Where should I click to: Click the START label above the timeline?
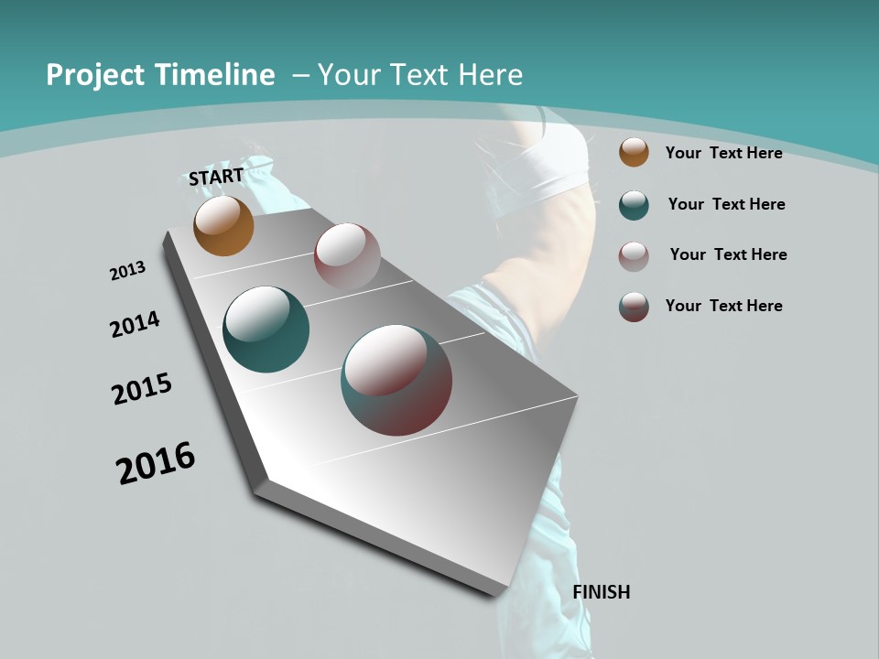[216, 177]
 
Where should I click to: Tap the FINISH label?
[602, 592]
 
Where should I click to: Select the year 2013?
[127, 271]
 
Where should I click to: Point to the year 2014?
[135, 325]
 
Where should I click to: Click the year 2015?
[142, 389]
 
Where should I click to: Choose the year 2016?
[156, 463]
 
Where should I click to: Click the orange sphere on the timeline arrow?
[223, 226]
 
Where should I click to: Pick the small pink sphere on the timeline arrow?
[347, 256]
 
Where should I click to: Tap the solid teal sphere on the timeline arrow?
[266, 329]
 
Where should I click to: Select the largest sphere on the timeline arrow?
[396, 380]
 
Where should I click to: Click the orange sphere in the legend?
[634, 153]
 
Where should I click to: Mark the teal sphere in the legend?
[634, 205]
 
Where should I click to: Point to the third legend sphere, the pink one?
[634, 255]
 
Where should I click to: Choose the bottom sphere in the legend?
[634, 307]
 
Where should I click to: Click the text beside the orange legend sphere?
[723, 153]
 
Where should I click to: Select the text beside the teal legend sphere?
[726, 204]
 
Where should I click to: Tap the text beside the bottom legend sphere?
[723, 306]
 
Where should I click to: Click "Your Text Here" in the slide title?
[420, 75]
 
